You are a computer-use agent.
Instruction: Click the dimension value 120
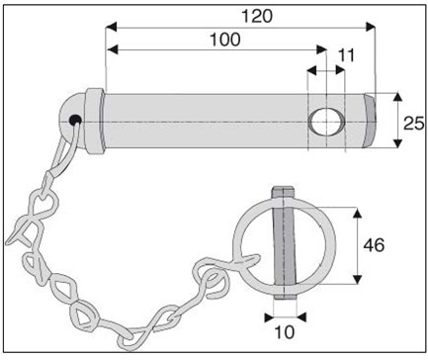point(257,17)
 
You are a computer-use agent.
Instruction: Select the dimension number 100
point(225,40)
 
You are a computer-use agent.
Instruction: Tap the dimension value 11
point(346,55)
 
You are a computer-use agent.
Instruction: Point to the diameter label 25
point(414,124)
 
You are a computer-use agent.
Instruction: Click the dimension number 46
point(374,245)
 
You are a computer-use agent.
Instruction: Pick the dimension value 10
point(284,332)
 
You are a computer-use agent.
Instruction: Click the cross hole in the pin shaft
point(326,122)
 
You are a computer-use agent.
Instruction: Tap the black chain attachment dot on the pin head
point(75,120)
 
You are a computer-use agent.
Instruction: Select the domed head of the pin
point(72,121)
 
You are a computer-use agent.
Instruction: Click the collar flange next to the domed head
point(94,121)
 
